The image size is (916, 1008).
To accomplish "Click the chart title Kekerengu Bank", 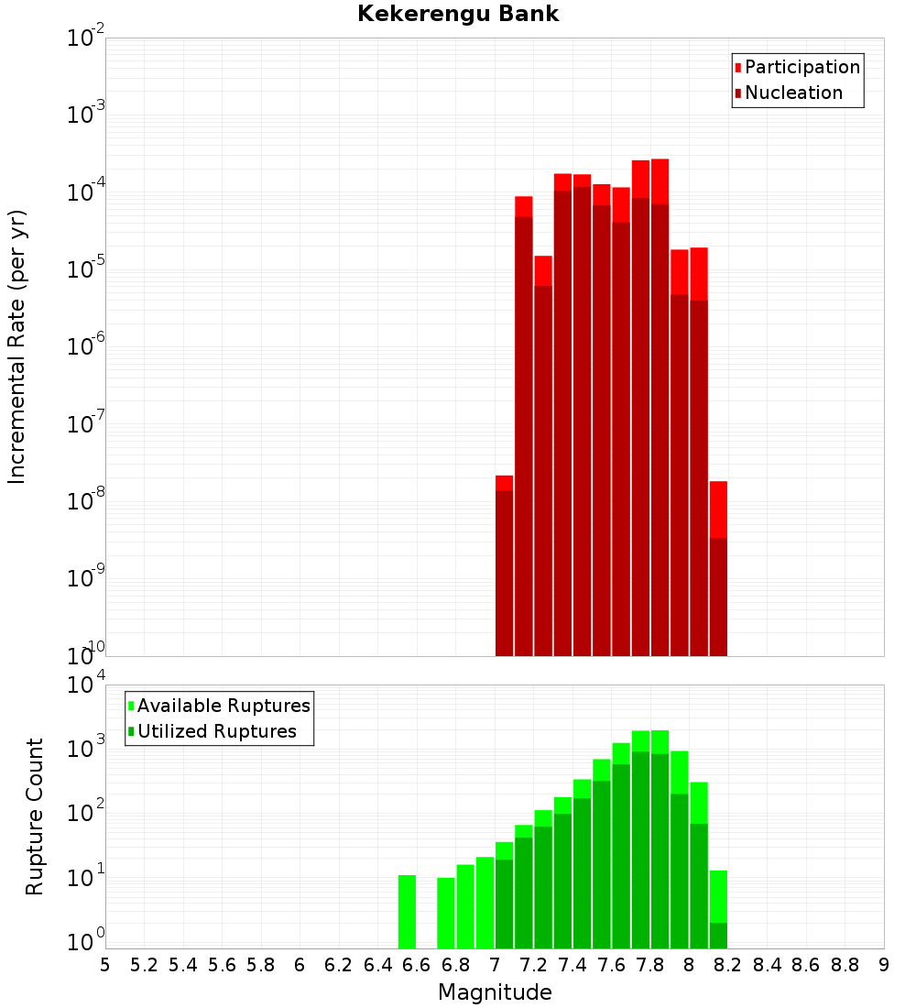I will (458, 14).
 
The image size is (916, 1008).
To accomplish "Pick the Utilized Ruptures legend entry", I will (216, 731).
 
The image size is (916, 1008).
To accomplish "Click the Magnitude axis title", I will (495, 992).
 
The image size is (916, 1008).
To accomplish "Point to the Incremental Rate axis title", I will (17, 346).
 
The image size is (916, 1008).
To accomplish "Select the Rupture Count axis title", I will (35, 816).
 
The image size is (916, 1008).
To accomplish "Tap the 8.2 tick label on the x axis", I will (728, 965).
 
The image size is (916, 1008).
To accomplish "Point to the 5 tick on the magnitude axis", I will (105, 965).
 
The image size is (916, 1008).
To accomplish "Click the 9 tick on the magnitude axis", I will (884, 965).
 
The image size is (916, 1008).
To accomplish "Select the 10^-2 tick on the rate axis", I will (86, 38).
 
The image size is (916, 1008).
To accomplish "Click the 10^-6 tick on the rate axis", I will (86, 347).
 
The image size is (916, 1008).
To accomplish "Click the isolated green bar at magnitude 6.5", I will (407, 912).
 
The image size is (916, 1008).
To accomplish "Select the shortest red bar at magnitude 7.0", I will (504, 568).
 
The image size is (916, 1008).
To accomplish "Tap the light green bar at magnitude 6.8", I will (465, 906).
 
